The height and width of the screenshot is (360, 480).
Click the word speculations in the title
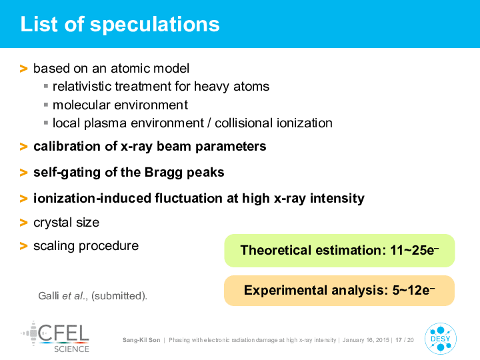coord(155,25)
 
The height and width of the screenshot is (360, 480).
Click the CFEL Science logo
coord(55,337)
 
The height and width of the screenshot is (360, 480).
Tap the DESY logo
coord(441,339)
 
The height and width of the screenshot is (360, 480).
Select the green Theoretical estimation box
coord(339,251)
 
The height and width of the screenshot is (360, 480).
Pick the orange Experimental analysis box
coord(339,291)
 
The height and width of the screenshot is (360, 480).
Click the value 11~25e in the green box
coord(415,250)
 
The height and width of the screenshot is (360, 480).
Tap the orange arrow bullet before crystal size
coord(23,223)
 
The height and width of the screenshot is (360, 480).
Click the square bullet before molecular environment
coord(46,105)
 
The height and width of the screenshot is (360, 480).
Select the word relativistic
coord(82,86)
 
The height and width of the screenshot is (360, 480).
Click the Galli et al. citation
coord(93,296)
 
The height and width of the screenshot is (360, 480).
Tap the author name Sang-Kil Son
coord(141,340)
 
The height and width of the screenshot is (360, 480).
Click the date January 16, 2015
coord(366,340)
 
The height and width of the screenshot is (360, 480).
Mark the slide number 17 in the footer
coord(398,340)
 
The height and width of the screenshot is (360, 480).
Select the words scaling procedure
coord(86,246)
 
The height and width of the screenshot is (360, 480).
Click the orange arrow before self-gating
coord(23,173)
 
